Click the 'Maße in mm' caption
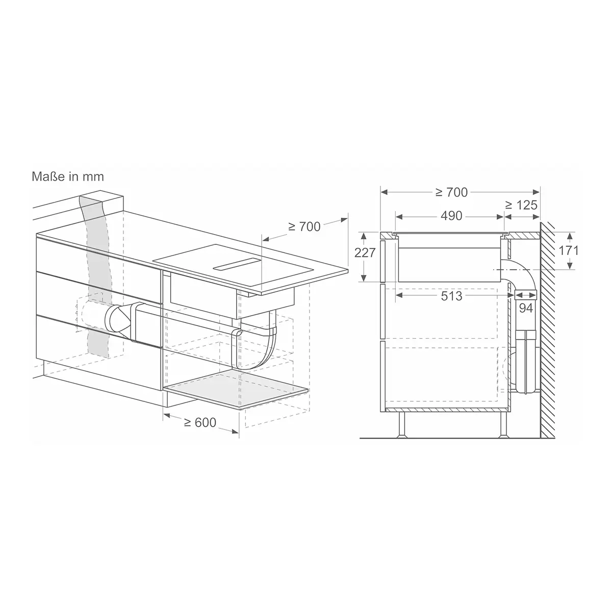[68, 176]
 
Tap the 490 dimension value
[451, 216]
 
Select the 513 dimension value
[451, 296]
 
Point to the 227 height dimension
[365, 253]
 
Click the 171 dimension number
[569, 250]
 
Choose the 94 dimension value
[526, 308]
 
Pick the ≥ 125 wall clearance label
[521, 205]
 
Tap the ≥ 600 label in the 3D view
[200, 422]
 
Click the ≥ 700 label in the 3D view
[304, 226]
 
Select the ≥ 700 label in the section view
[451, 192]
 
